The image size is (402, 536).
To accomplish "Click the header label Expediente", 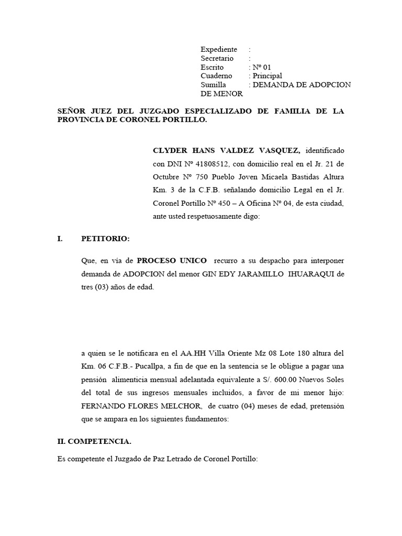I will [219, 49].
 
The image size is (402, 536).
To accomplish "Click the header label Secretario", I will [217, 58].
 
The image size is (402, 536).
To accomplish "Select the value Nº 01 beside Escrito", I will [262, 67].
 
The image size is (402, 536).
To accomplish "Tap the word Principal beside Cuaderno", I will [267, 76].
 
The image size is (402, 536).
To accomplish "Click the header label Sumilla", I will [213, 85].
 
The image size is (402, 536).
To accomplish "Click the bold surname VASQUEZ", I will [282, 150].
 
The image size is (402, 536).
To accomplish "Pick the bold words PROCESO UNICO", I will [172, 260].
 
